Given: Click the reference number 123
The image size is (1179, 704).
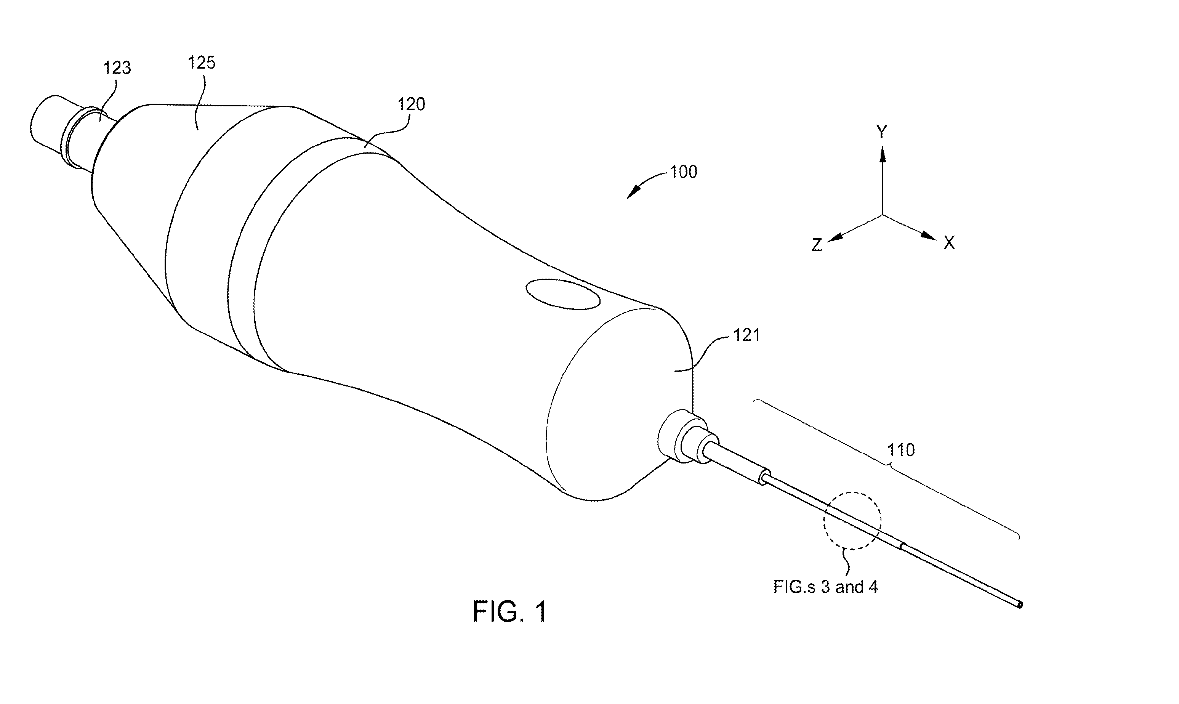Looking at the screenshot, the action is point(117,68).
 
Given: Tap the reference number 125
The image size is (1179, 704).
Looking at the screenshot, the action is point(202,63).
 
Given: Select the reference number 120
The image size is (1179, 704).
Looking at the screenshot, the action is point(411,104).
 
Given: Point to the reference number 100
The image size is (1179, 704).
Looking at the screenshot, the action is point(683,172).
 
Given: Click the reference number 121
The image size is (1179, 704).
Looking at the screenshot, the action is point(746,335).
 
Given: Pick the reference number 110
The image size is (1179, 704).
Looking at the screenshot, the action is point(900,450).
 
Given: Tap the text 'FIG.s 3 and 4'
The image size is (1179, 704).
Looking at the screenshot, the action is point(826,587).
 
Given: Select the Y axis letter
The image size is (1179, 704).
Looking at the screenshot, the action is point(882,132).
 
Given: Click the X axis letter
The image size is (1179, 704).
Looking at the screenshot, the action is point(949,243).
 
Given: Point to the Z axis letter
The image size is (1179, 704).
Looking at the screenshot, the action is point(817,245).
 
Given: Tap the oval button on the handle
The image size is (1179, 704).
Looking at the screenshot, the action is point(564,294).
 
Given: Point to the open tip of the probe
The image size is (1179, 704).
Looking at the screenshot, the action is point(1020,605).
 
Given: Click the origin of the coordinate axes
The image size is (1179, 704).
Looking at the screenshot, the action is point(882,215).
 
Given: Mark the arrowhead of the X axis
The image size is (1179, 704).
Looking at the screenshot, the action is point(929,236).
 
